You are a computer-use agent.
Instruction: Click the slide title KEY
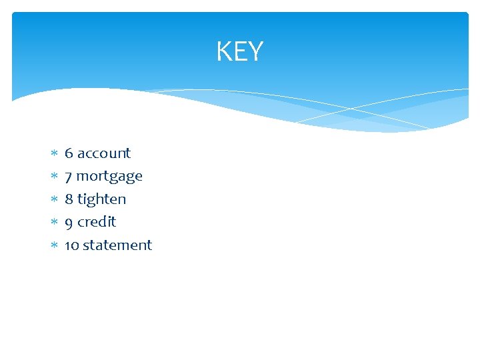point(239,51)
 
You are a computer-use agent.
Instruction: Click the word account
point(103,153)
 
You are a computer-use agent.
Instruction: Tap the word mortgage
point(109,177)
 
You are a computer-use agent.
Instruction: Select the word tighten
point(101,199)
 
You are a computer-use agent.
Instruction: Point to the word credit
point(97,221)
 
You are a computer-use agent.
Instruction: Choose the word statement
point(117,245)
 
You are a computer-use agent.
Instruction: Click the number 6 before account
point(69,153)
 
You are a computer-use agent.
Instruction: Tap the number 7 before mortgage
point(69,177)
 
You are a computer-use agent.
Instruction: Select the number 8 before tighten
point(69,199)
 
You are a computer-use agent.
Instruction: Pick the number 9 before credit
point(69,222)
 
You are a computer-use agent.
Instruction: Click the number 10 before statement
point(71,245)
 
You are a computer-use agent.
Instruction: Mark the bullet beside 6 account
point(53,154)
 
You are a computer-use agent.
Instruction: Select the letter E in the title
point(239,51)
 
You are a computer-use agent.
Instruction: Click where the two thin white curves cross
point(351,108)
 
